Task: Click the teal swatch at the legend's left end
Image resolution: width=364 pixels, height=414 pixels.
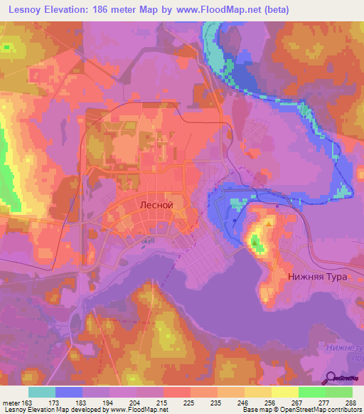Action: (x=42, y=392)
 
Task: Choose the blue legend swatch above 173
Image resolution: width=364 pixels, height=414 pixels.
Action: (x=69, y=392)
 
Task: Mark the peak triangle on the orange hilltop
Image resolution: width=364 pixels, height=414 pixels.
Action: (x=269, y=223)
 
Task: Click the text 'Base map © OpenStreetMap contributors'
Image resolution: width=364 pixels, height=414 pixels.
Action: (x=301, y=410)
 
